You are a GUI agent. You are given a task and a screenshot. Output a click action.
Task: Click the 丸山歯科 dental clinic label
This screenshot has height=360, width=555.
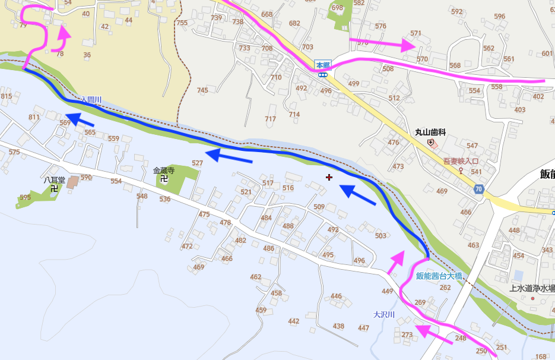pos(430,134)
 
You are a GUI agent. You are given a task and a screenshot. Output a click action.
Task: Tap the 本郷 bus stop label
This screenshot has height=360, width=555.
pos(322,65)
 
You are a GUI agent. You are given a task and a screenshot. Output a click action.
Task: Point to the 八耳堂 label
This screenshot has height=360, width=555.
pos(53,178)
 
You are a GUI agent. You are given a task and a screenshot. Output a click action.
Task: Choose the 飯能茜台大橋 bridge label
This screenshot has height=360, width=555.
pos(439,276)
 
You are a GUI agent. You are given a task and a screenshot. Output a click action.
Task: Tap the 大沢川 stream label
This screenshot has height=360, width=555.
pos(383,314)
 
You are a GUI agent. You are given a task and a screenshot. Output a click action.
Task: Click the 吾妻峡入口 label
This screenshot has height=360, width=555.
pos(461,161)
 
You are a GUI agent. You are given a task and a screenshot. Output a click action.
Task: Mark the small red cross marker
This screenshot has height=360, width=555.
pos(329,177)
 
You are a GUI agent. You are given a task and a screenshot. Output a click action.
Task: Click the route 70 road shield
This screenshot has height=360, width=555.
pos(478,190)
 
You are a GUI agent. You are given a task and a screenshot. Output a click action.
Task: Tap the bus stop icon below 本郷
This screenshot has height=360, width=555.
pos(322,75)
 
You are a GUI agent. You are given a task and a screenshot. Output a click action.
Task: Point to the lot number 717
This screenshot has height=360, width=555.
pos(271,119)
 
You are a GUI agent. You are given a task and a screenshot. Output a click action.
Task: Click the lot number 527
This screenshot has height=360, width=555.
pos(198,163)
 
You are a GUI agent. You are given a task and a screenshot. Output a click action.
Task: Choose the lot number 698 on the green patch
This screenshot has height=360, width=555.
pos(337,8)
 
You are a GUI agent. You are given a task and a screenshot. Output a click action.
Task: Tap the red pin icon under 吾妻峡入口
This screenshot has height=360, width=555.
pos(461,170)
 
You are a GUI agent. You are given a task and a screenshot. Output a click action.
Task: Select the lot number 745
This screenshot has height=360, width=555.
pos(202,90)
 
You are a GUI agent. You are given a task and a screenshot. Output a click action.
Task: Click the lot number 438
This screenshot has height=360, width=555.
pos(338,326)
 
